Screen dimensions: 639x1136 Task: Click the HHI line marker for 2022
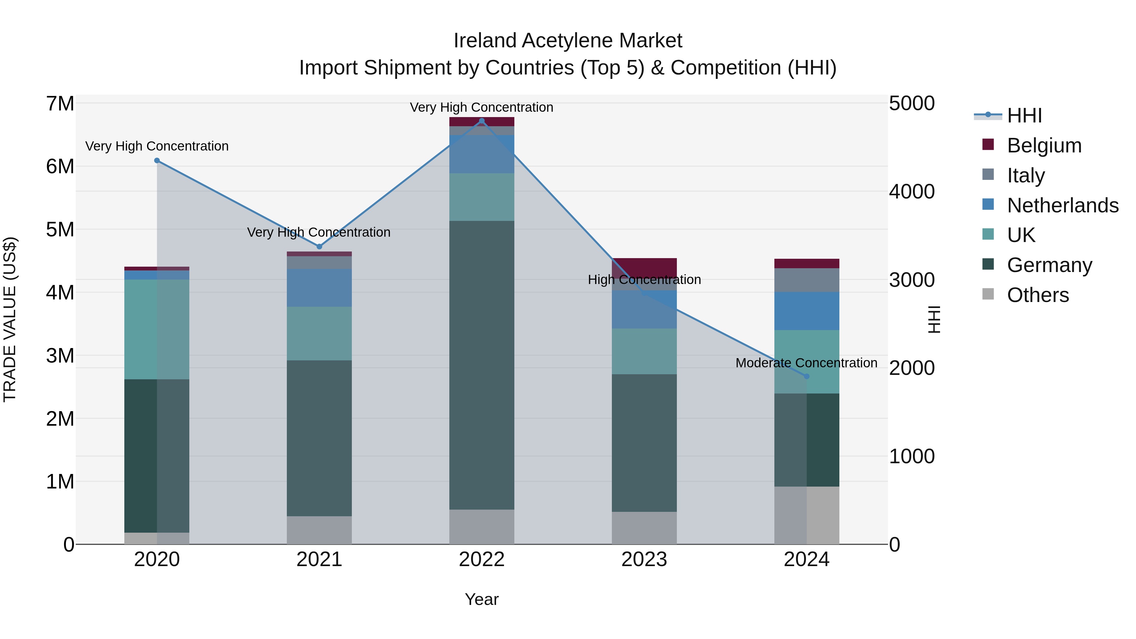click(482, 121)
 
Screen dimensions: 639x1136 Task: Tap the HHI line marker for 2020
click(157, 161)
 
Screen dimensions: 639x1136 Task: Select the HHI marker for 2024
click(807, 376)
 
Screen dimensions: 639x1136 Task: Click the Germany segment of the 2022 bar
click(482, 365)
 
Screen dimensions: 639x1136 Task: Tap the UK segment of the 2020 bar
click(157, 329)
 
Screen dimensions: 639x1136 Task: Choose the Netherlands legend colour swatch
click(988, 204)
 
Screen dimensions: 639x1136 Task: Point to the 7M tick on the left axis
click(60, 104)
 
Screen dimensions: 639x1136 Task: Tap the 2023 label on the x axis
click(644, 559)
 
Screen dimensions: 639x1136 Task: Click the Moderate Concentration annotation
click(806, 363)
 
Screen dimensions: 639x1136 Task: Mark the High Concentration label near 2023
click(644, 280)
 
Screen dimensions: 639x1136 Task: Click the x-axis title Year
click(482, 599)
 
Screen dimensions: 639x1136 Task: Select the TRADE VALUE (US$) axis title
click(10, 319)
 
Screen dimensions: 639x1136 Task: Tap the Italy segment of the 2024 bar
click(807, 280)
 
